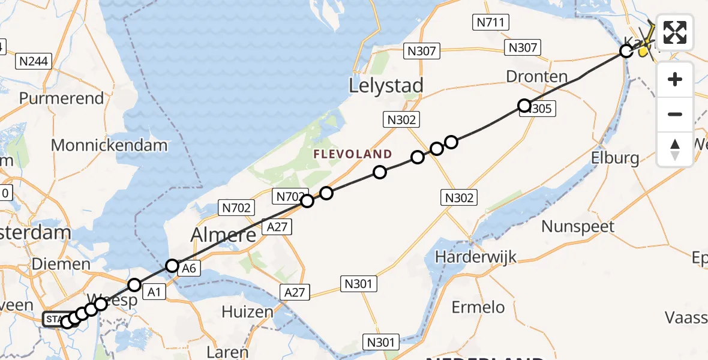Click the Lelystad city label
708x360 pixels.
coord(386,85)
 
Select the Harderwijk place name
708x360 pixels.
coord(476,257)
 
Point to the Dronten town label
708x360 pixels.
coord(537,77)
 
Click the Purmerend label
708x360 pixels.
coord(61,98)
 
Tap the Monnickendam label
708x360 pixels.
coord(109,145)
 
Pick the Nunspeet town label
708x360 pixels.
coord(578,227)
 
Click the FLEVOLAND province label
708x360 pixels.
coord(352,154)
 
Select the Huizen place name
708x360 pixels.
coord(247,312)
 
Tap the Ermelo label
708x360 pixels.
coord(478,308)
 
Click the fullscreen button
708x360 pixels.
coord(675,32)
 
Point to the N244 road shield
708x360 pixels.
coord(35,61)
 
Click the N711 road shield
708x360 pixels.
coord(491,23)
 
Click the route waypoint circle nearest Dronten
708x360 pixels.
coord(524,106)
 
